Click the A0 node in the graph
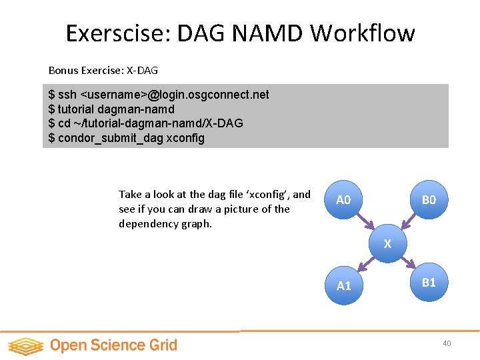click(x=343, y=199)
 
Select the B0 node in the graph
click(x=429, y=199)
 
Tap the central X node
click(x=387, y=244)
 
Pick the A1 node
click(x=343, y=285)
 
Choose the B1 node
click(x=429, y=282)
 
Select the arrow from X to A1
click(x=365, y=265)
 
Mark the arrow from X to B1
click(x=407, y=263)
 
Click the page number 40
click(x=446, y=343)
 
